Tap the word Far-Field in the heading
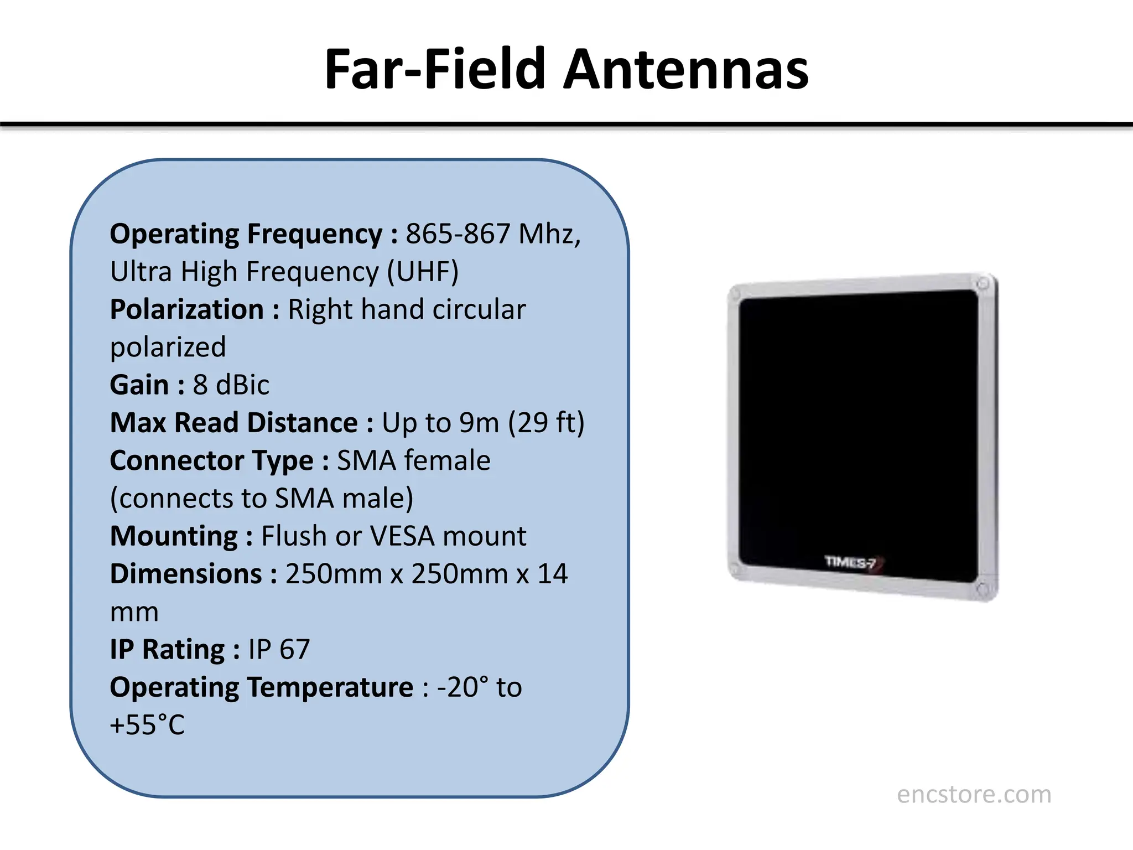click(435, 70)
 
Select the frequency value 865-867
click(458, 234)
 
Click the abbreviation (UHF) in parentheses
click(423, 272)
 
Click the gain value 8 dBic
click(231, 385)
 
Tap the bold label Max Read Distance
click(234, 423)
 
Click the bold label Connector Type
click(212, 461)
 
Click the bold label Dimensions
click(186, 574)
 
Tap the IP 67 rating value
click(279, 650)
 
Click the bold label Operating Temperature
click(262, 687)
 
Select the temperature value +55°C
click(147, 725)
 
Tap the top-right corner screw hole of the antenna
click(983, 284)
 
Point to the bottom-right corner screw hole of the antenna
click(983, 589)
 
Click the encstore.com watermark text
click(974, 795)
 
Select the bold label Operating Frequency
click(246, 234)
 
